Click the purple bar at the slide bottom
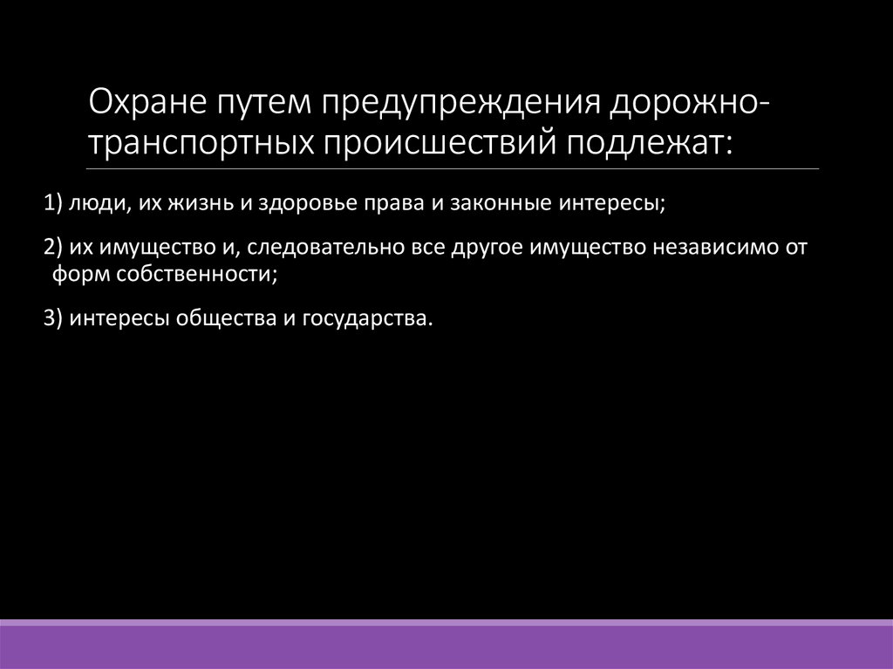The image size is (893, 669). (446, 645)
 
